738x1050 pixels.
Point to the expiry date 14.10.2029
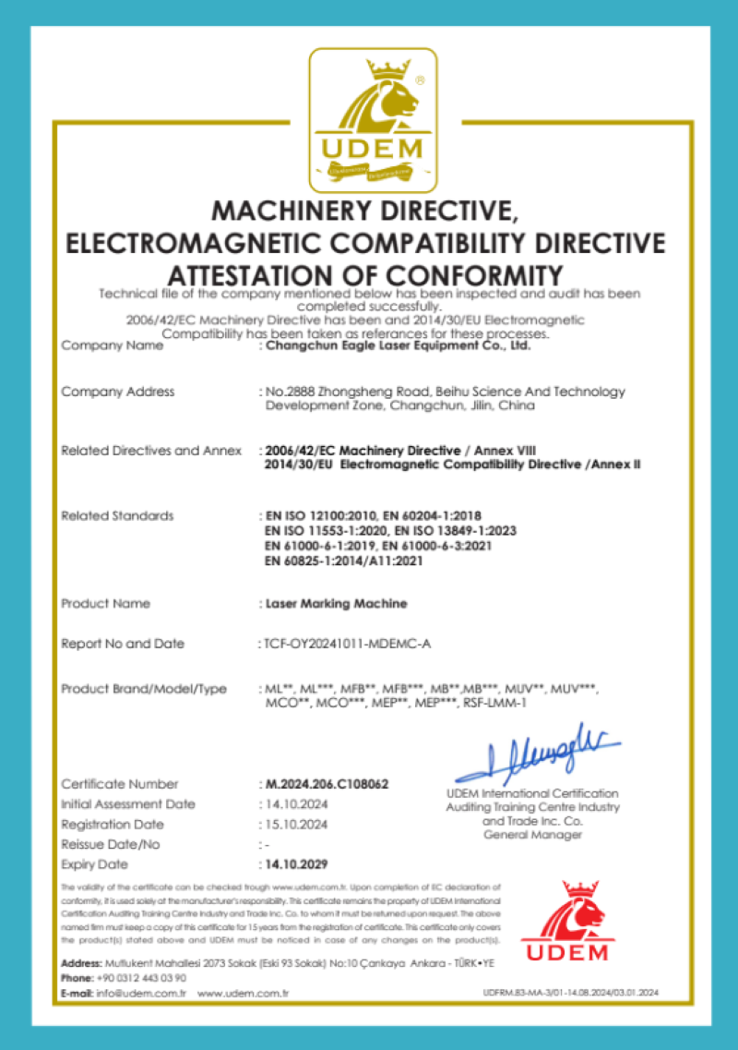click(x=296, y=865)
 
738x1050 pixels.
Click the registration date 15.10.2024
click(x=295, y=825)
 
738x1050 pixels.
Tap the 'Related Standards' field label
click(x=117, y=515)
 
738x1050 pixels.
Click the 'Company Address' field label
click(x=117, y=392)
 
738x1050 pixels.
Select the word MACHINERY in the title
click(x=282, y=211)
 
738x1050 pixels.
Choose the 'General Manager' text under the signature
click(x=532, y=835)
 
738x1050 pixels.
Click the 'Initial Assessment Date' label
click(x=128, y=804)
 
